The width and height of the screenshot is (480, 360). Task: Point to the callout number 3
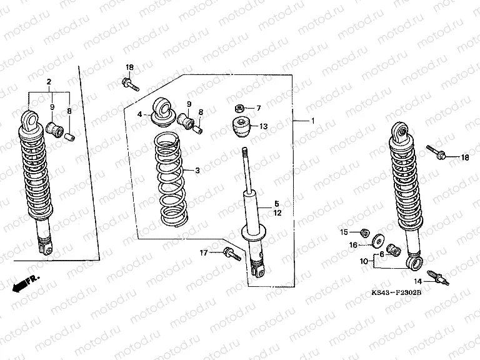197,170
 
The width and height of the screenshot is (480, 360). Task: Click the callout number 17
203,252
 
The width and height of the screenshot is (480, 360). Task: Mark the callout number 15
342,232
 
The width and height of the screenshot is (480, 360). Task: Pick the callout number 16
353,245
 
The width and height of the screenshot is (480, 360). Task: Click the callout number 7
259,108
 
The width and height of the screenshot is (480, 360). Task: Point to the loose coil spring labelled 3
171,181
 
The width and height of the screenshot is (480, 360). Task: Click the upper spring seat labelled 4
163,112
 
